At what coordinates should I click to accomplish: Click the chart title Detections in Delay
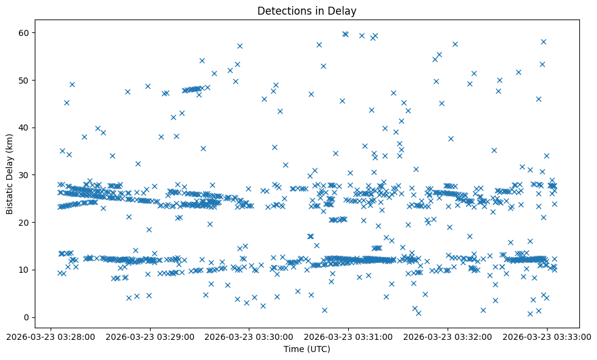(x=307, y=10)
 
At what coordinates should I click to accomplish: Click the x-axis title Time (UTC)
(x=307, y=349)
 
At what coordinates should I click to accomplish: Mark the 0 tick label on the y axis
(x=27, y=317)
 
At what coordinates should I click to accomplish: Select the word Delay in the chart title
(x=344, y=10)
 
